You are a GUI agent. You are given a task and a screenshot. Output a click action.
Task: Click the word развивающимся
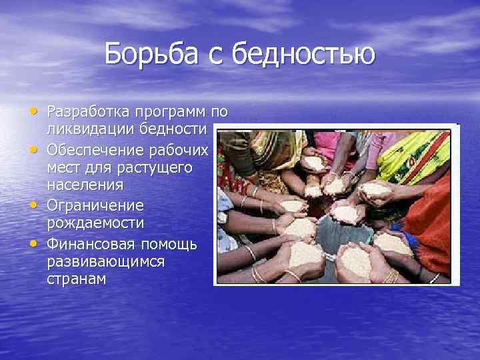point(105,261)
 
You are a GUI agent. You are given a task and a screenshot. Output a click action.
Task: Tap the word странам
point(76,279)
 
